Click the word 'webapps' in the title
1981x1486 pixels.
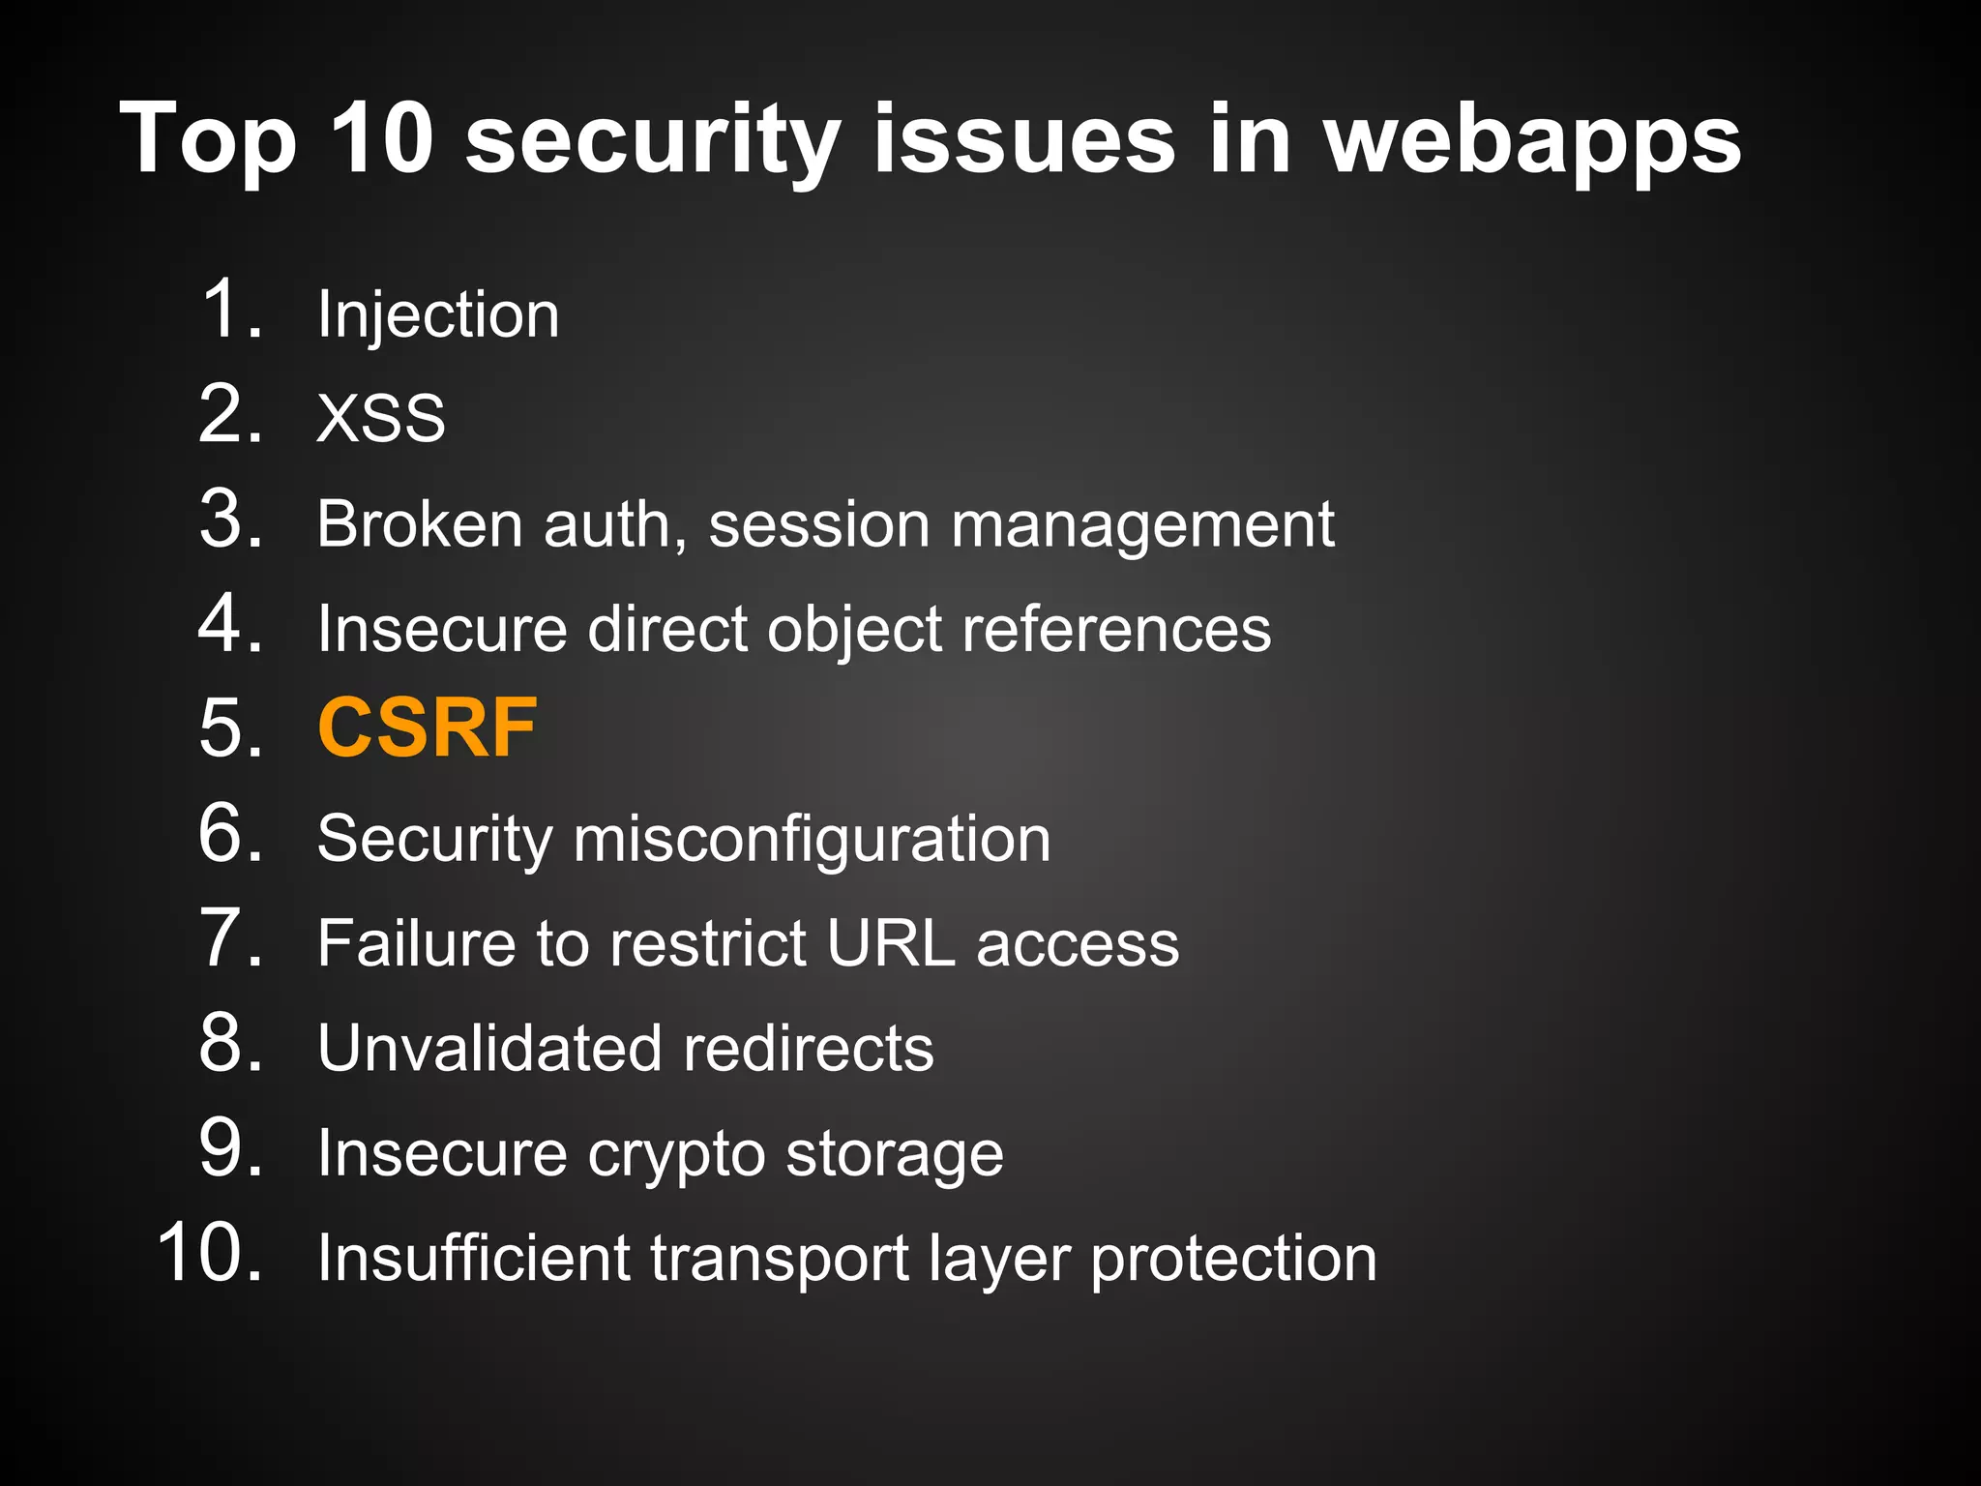click(1532, 141)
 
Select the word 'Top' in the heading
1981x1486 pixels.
click(207, 141)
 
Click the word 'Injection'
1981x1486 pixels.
click(438, 315)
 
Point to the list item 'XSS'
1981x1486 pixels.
click(381, 418)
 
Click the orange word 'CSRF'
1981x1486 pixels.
click(427, 728)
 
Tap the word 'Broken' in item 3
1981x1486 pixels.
click(419, 523)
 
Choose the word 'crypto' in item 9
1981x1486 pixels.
click(675, 1154)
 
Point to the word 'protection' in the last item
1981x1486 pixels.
click(1233, 1260)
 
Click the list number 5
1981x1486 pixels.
click(228, 728)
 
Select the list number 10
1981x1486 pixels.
click(209, 1253)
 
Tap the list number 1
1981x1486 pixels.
click(228, 310)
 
